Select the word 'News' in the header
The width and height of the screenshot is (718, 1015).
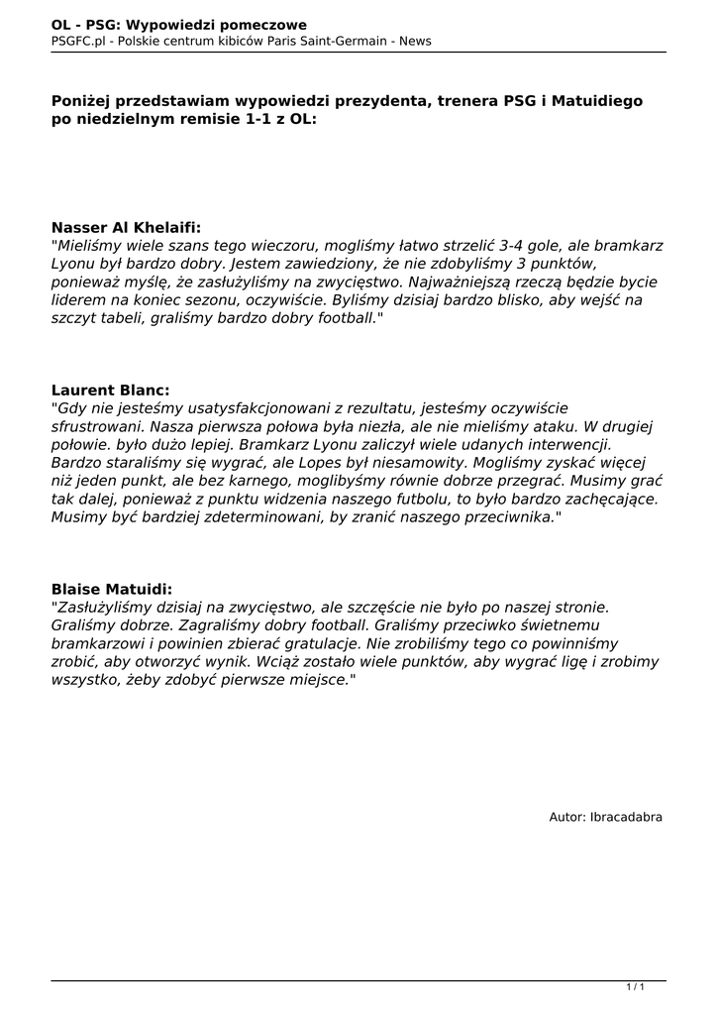(415, 41)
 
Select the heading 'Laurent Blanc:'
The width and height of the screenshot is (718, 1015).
(110, 391)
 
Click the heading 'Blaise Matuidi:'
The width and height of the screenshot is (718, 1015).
(111, 589)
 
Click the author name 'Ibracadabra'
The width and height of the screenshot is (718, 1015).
(626, 817)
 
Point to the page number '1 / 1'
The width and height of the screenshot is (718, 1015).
(636, 986)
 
